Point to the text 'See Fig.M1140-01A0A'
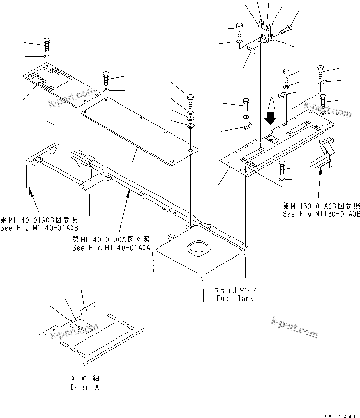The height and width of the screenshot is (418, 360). tap(112, 247)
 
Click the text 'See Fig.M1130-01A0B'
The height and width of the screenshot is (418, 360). tap(321, 213)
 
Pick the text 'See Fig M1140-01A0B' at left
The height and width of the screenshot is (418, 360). tap(40, 227)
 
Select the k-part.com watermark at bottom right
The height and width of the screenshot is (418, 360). tap(294, 327)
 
